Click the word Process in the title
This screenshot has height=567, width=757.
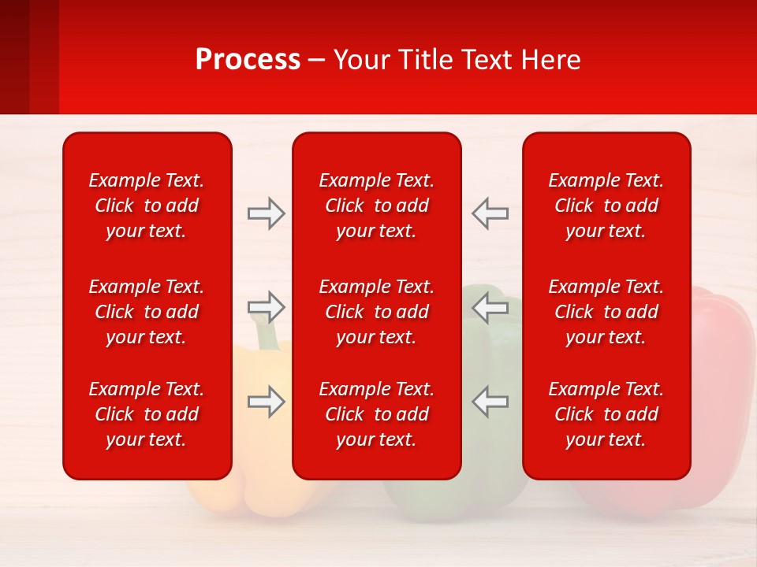[x=248, y=60]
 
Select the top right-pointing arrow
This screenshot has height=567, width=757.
[x=266, y=213]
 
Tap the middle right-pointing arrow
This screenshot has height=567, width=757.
[x=266, y=306]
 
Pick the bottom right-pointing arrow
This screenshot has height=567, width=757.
[x=266, y=402]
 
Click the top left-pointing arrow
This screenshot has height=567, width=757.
[x=490, y=213]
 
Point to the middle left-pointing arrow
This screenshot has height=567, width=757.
[x=490, y=306]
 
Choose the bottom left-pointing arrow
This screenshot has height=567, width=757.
[x=490, y=402]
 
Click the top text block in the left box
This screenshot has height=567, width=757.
[x=147, y=206]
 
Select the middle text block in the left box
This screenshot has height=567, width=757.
[x=147, y=312]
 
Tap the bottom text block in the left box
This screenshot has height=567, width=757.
[x=147, y=414]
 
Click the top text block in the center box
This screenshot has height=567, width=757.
[x=377, y=206]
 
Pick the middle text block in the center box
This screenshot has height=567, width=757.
[x=377, y=312]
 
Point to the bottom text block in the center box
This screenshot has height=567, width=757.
[x=377, y=414]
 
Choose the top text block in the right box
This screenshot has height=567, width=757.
[x=606, y=206]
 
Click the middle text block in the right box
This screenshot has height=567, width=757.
[x=606, y=312]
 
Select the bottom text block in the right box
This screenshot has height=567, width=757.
[x=606, y=414]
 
